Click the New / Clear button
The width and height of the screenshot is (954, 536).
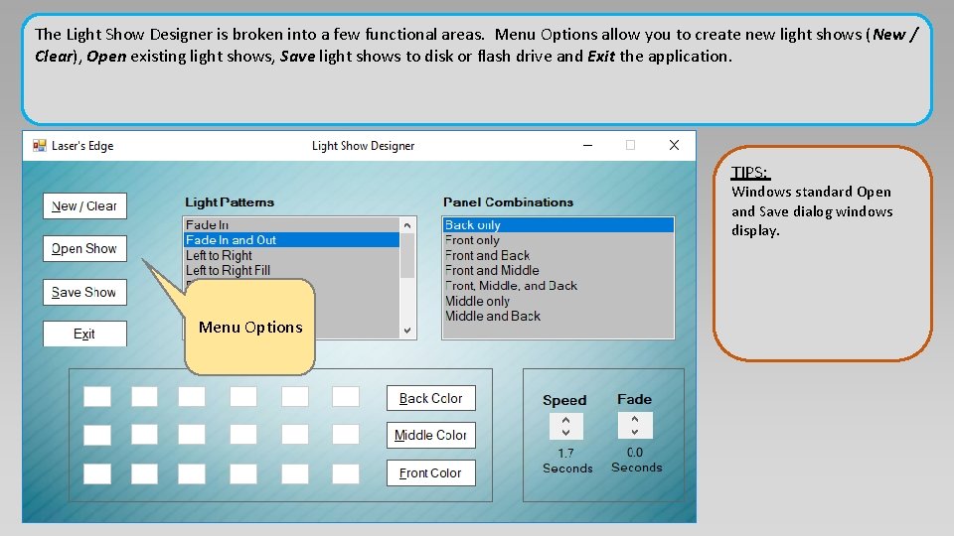[x=84, y=205]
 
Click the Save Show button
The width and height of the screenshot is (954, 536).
[x=84, y=292]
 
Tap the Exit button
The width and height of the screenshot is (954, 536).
[x=84, y=334]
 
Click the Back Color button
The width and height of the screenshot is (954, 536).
[x=430, y=398]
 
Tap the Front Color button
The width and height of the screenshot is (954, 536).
[x=430, y=473]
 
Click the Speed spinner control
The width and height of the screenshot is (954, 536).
[x=565, y=426]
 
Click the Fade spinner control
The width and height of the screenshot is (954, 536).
[x=635, y=425]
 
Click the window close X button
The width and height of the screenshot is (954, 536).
[x=674, y=145]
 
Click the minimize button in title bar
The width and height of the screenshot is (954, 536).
[x=587, y=145]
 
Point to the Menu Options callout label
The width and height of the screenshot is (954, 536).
[x=250, y=328]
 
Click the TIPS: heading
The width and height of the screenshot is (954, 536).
[x=750, y=173]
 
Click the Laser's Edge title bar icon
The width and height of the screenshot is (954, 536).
[x=40, y=146]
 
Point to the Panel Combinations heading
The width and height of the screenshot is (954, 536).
[x=508, y=202]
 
